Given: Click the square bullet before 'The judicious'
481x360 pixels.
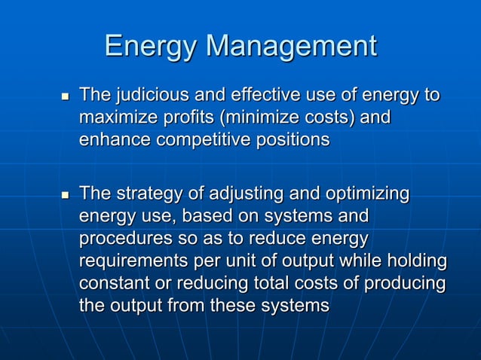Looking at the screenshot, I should tap(63, 97).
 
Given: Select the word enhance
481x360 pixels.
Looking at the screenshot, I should tap(113, 141).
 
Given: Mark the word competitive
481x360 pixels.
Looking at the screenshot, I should tap(202, 141).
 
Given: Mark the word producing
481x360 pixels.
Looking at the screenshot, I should tap(405, 285).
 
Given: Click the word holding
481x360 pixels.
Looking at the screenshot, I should tap(417, 262).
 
